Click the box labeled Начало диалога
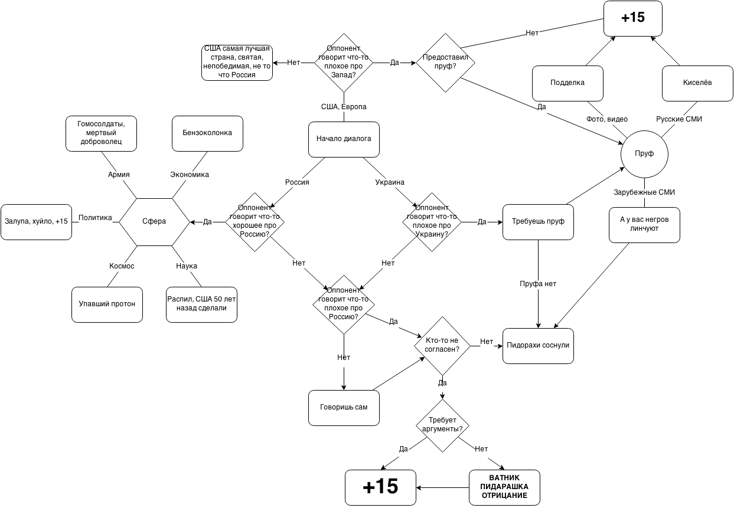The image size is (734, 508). [x=344, y=139]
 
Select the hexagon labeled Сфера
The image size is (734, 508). [x=154, y=222]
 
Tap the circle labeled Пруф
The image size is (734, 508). [x=644, y=154]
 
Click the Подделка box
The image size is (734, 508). [x=567, y=83]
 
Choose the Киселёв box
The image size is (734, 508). [x=697, y=83]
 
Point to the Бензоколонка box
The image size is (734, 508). [x=207, y=133]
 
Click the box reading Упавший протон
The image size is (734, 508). [x=107, y=304]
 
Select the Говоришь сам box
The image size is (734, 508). [x=344, y=407]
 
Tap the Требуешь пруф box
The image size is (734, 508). [x=538, y=222]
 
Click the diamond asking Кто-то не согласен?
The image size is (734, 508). [x=442, y=346]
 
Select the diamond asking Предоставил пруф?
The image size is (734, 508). [x=445, y=63]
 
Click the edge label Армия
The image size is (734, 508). [x=119, y=175]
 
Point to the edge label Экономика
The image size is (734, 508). [x=190, y=175]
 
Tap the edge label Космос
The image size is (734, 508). [x=122, y=267]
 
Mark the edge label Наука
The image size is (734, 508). [x=187, y=267]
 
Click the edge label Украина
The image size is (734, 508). [x=390, y=183]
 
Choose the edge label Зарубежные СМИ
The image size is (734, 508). [x=644, y=193]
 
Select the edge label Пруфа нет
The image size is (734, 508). [x=538, y=284]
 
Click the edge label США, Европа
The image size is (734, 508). [x=344, y=107]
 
